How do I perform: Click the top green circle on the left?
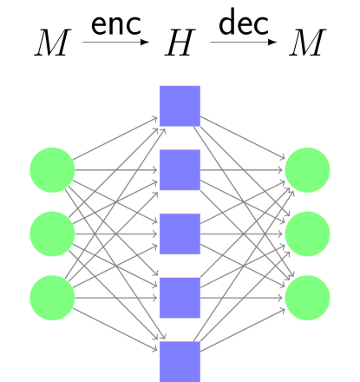[x=52, y=170]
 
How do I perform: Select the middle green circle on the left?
[x=52, y=234]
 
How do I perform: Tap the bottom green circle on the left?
[x=52, y=298]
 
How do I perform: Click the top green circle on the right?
[x=307, y=170]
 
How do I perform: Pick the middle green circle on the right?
[x=307, y=234]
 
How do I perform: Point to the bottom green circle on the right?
[x=307, y=298]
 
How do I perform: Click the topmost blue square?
[x=180, y=106]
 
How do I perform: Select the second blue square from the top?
[x=180, y=170]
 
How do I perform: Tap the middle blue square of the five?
[x=180, y=234]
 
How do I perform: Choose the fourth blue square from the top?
[x=180, y=298]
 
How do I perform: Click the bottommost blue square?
[x=180, y=360]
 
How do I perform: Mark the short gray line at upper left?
[x=111, y=42]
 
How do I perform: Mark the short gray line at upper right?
[x=239, y=42]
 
